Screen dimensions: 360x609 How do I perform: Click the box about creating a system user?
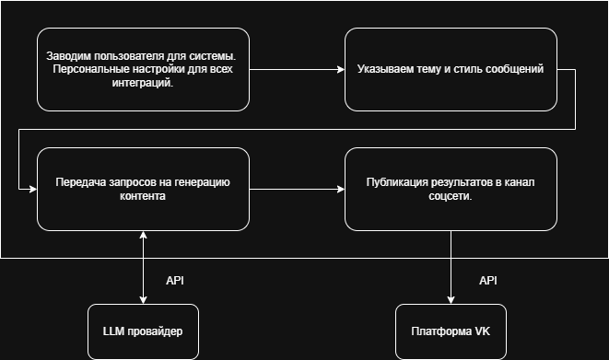[142, 70]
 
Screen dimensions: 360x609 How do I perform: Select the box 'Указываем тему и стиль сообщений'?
[451, 70]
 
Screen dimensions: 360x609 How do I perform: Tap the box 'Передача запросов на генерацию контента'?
[142, 189]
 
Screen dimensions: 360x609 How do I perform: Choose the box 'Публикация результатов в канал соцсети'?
[451, 189]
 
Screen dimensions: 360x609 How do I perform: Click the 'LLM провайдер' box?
[142, 331]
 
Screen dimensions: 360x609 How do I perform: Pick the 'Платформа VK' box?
[451, 331]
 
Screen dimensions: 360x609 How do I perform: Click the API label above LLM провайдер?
[176, 279]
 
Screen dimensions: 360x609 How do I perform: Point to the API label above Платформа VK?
[488, 279]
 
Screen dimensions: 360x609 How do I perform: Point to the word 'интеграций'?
[142, 83]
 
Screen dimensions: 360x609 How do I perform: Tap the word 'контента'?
[142, 196]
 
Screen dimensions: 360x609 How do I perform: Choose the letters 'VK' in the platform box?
[481, 331]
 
